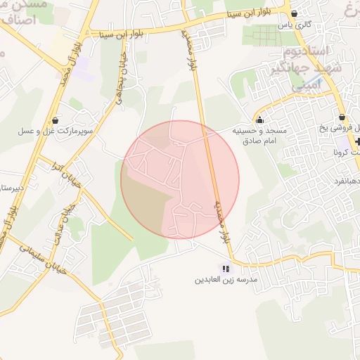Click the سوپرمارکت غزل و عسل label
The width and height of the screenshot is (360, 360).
56,131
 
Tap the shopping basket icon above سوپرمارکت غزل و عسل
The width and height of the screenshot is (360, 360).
56,120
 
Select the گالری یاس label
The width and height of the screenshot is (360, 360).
294,25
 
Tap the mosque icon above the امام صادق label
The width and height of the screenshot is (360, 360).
261,120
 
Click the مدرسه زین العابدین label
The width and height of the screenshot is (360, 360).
226,279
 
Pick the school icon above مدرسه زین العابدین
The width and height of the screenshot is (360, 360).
226,268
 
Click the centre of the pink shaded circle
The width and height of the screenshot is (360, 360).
180,179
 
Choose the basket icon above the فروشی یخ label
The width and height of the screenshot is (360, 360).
342,117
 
